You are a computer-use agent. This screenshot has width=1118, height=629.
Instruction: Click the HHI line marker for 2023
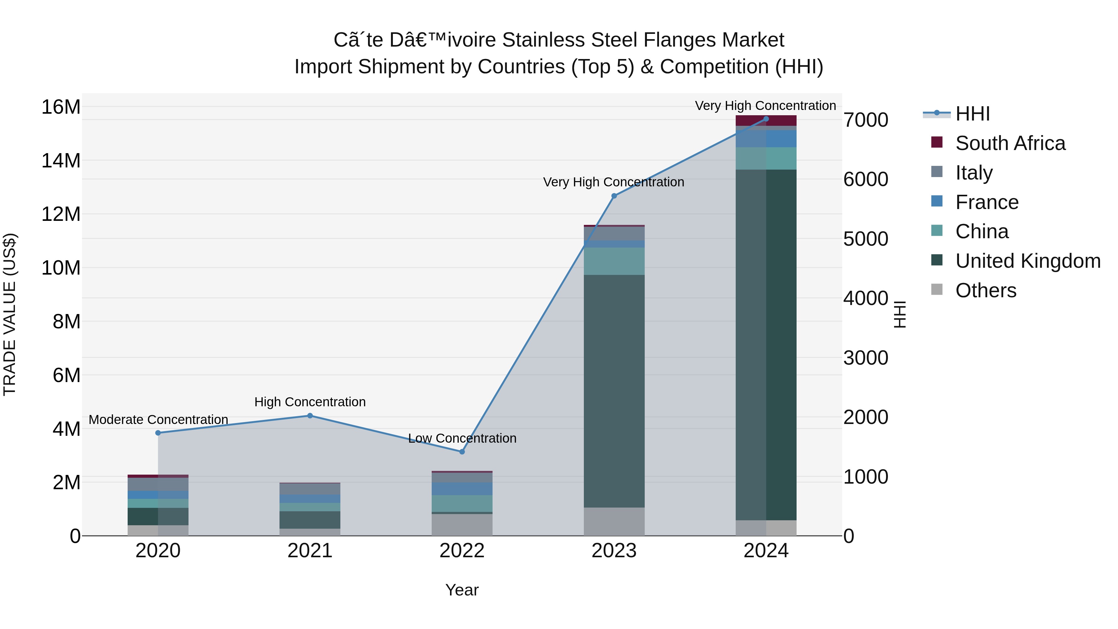coord(614,196)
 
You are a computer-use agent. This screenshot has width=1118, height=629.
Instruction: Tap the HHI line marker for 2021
coord(310,415)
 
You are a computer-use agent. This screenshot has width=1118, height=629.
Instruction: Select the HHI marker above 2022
coord(462,451)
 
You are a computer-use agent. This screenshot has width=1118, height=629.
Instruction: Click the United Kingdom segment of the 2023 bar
coord(614,391)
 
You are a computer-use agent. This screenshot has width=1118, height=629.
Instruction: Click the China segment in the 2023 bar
coord(614,261)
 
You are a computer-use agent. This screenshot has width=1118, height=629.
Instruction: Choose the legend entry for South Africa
coord(1010,143)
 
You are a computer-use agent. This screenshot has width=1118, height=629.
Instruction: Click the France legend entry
coord(987,202)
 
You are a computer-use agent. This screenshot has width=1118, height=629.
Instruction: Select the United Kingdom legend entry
coord(1027,261)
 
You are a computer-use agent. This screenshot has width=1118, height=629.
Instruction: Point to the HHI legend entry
coord(972,114)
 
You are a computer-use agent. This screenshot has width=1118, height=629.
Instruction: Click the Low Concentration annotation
coord(462,438)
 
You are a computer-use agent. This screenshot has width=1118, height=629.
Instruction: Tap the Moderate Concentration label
coord(158,419)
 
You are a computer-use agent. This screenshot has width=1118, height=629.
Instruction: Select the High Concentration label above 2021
coord(310,402)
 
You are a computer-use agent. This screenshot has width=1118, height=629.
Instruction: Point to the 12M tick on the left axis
coord(61,214)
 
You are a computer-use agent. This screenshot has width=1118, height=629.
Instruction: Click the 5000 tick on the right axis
coord(866,239)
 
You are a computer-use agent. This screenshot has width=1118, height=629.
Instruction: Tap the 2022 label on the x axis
coord(462,550)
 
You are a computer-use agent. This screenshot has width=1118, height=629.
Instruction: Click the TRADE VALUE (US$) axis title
coord(10,314)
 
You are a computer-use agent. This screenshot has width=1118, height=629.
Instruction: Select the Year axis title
coord(462,590)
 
